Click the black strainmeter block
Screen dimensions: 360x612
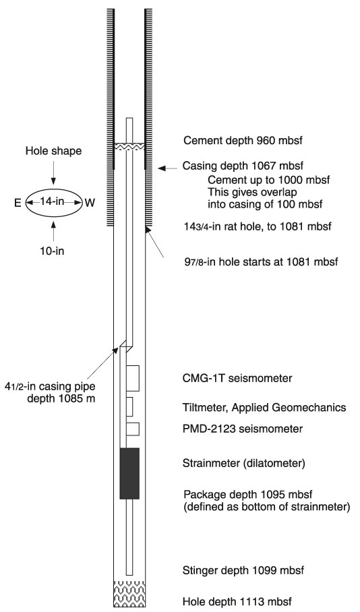pos(129,473)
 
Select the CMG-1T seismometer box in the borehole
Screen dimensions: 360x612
pos(133,378)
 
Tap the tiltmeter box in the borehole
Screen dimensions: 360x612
pos(129,406)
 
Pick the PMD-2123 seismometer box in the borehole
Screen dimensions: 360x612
pos(133,429)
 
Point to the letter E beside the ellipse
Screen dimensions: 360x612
pos(18,204)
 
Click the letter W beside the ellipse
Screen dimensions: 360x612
pos(90,204)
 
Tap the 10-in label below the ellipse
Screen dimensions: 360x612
pos(53,250)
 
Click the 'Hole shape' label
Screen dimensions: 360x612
pos(54,151)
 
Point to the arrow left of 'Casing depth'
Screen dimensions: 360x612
pos(167,169)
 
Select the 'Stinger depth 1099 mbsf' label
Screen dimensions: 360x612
pos(243,570)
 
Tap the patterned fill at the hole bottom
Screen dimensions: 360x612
pos(129,593)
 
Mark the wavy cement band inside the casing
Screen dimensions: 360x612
pos(129,146)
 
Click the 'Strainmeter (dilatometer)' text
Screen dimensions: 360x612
pos(243,464)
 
